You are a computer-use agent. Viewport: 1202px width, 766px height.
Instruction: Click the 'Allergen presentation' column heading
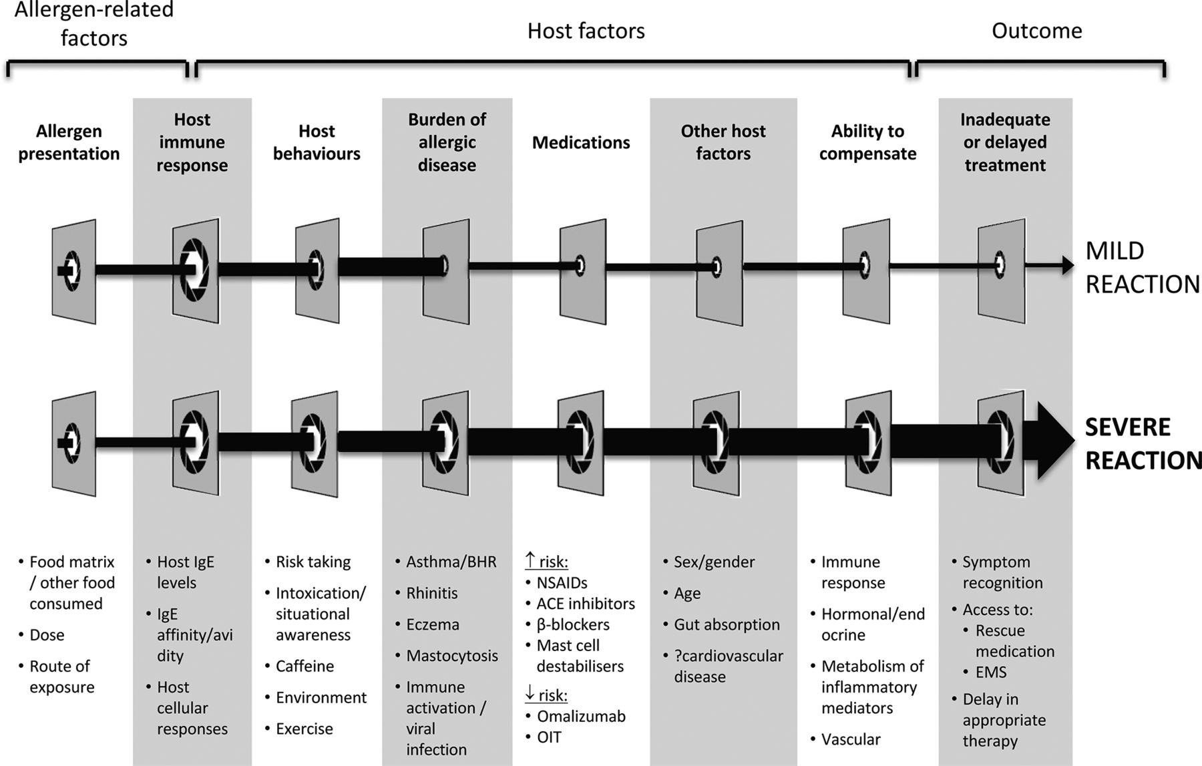pos(69,142)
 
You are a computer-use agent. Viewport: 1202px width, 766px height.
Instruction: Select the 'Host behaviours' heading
pos(317,142)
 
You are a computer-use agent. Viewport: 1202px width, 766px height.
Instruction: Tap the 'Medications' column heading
pos(581,142)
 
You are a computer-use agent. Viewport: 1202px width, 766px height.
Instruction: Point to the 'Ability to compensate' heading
pos(867,142)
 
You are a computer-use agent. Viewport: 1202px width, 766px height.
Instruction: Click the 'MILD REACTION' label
pos(1143,267)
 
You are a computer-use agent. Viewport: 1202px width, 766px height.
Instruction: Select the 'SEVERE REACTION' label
pos(1143,443)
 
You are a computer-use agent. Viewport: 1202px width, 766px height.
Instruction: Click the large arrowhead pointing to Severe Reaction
pos(1054,441)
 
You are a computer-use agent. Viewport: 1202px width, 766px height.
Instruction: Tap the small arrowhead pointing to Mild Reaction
pos(1068,266)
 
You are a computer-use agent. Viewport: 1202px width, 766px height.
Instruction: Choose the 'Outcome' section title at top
pos(1036,31)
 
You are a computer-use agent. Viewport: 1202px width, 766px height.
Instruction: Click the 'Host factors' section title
pos(586,31)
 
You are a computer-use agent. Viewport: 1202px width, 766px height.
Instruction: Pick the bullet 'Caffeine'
pos(305,666)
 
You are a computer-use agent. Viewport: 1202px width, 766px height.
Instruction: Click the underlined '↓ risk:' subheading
pos(546,695)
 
